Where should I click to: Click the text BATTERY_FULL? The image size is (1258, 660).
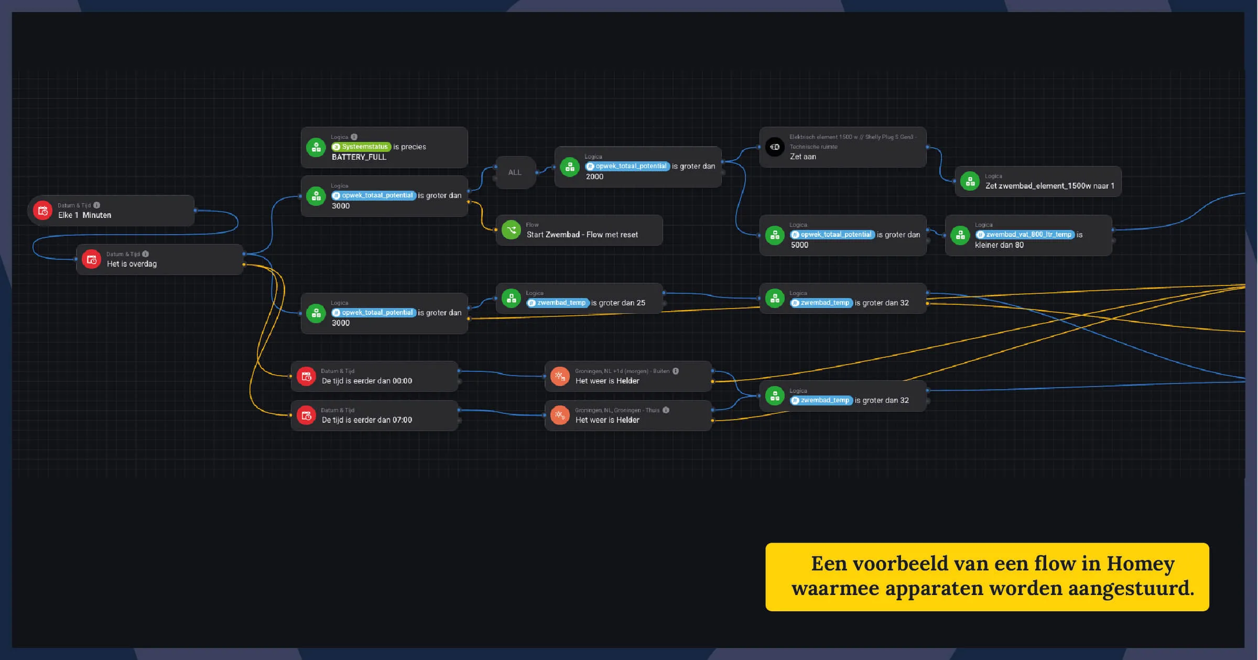(x=359, y=157)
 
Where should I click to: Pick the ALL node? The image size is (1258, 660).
(x=515, y=172)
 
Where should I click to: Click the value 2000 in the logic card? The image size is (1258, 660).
(x=594, y=177)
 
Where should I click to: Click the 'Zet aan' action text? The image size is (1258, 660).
(x=802, y=157)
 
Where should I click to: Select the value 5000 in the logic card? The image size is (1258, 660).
(x=799, y=245)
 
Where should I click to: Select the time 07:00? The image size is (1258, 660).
(x=402, y=420)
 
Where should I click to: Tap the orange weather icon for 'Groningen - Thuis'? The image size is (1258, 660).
(x=560, y=415)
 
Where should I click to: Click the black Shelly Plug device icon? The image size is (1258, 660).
(x=775, y=147)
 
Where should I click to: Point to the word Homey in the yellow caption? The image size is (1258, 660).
(x=1140, y=564)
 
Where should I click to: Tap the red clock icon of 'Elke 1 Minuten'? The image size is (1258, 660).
(x=43, y=211)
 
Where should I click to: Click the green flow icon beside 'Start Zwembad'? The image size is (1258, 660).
(x=511, y=230)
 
